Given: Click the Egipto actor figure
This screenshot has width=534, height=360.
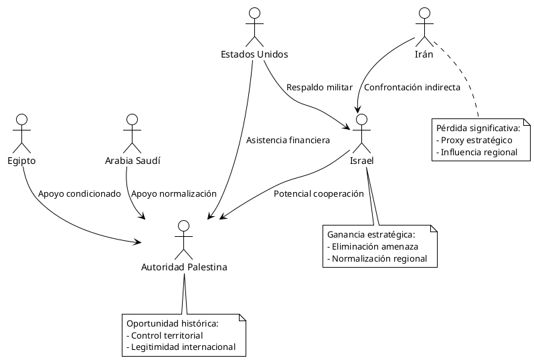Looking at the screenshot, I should tap(22, 133).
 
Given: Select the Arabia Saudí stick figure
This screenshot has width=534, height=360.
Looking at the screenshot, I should tap(132, 133).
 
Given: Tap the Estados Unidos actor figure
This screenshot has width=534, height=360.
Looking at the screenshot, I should tap(254, 26).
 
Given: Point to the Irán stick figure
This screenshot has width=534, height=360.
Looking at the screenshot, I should tap(424, 26).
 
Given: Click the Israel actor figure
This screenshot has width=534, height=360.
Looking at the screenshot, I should tap(362, 133).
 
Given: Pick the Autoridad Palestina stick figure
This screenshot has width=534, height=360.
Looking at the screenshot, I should tap(183, 239).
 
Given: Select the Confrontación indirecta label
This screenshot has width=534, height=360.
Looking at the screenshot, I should tap(412, 88).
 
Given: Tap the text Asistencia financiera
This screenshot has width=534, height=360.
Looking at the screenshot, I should tap(288, 141).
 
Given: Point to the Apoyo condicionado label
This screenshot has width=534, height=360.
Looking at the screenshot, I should tap(79, 193).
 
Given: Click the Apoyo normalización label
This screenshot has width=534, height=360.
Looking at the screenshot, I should tap(174, 193).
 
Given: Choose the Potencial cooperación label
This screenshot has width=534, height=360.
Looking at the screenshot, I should tap(319, 193).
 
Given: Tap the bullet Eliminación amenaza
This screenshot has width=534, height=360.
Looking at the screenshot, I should tap(373, 246).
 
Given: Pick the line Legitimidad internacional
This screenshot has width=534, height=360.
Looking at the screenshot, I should tap(181, 347).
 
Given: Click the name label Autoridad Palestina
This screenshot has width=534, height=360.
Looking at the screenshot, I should tap(184, 267).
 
